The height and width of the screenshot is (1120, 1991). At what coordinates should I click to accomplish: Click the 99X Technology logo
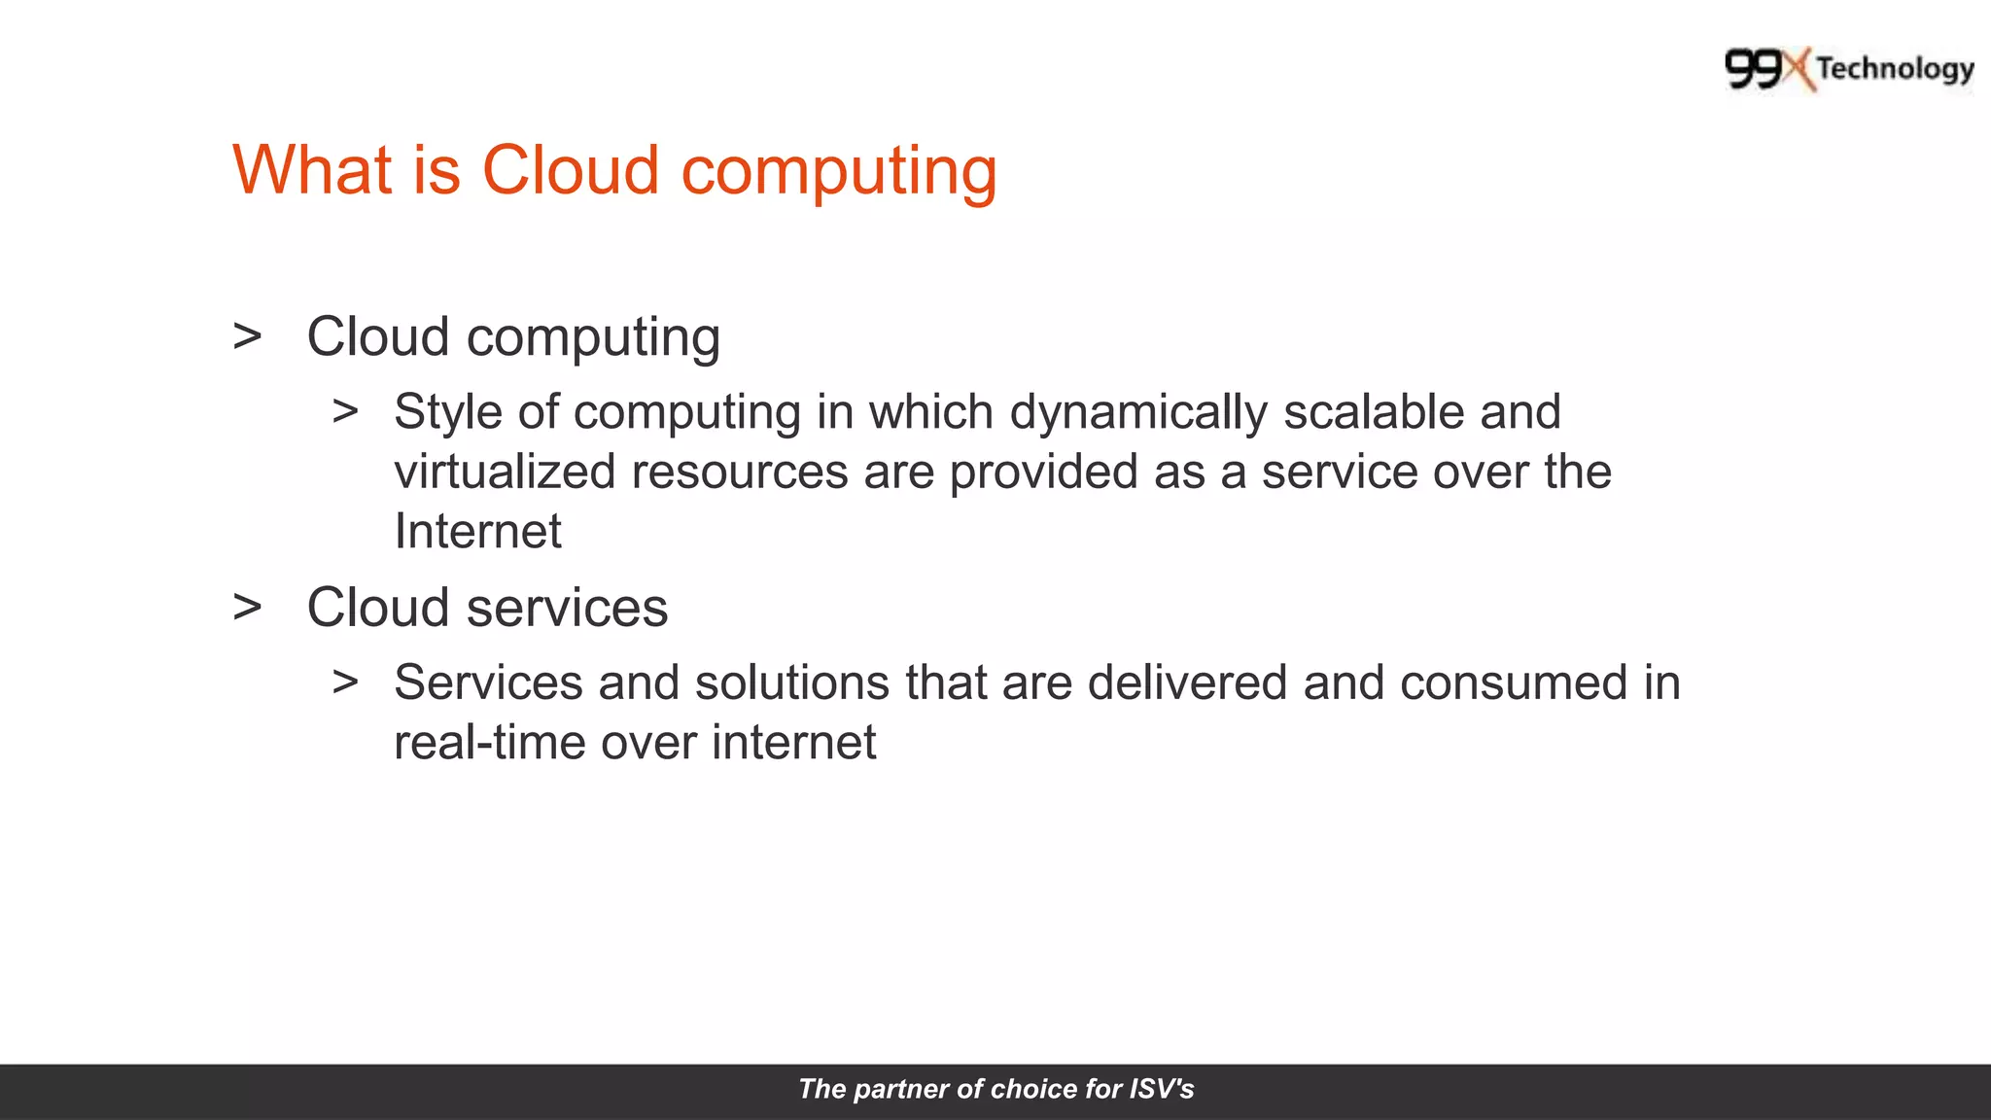coord(1849,69)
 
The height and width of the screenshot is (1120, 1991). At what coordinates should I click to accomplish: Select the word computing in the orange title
coord(838,172)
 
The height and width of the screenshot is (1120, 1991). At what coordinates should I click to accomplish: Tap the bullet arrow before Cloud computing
coord(248,336)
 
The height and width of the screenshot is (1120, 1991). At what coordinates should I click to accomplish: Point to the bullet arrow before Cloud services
coord(248,607)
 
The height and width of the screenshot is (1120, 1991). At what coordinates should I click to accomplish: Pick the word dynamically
coord(1138,412)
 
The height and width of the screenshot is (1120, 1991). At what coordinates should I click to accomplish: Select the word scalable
coord(1374,412)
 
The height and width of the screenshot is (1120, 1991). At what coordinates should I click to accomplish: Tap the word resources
coord(740,472)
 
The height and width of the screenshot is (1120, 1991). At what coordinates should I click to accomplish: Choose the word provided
coord(1043,472)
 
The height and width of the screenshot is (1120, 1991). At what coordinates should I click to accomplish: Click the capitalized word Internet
coord(477,531)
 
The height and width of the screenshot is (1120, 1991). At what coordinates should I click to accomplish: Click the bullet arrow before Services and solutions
coord(345,682)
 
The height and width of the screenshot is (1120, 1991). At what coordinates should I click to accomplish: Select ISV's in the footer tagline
coord(1161,1089)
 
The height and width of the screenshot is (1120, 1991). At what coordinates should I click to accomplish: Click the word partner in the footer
coord(901,1089)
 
